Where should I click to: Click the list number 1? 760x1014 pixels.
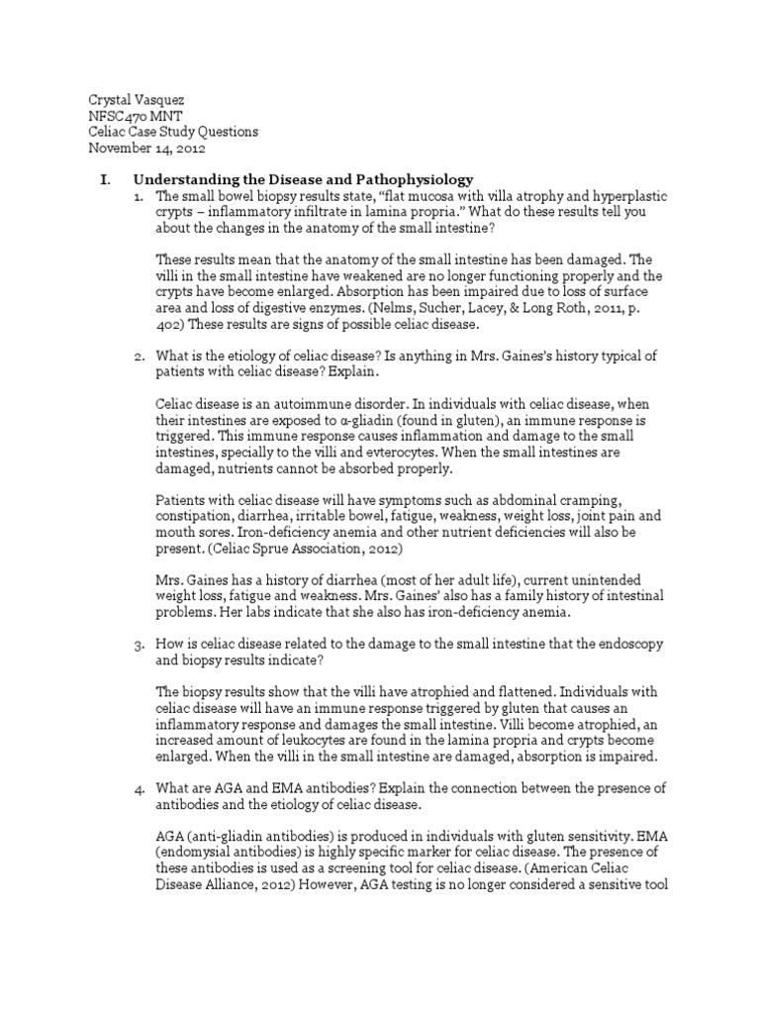point(140,196)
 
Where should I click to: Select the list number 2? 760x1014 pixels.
point(140,355)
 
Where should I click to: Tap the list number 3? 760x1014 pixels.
point(140,645)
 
